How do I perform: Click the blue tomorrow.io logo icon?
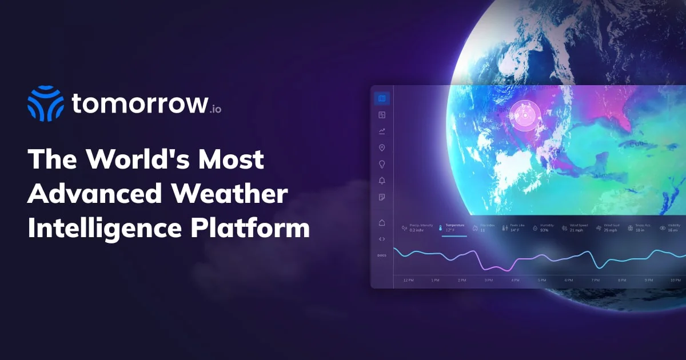point(46,103)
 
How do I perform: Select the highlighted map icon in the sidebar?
point(382,98)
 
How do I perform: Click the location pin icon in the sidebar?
point(382,148)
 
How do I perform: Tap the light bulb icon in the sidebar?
point(382,165)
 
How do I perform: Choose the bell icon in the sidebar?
point(382,181)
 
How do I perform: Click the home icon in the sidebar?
point(382,222)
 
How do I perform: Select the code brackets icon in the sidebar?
point(382,239)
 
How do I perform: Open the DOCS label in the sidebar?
point(382,255)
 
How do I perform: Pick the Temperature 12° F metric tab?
point(454,228)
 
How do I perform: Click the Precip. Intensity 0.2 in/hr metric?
point(418,228)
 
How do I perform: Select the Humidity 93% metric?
point(543,228)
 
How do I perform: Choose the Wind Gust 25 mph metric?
point(608,228)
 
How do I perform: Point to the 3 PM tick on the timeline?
point(489,280)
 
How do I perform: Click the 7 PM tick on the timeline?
point(595,280)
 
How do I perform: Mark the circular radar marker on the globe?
point(524,116)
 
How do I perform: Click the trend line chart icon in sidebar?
point(382,131)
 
